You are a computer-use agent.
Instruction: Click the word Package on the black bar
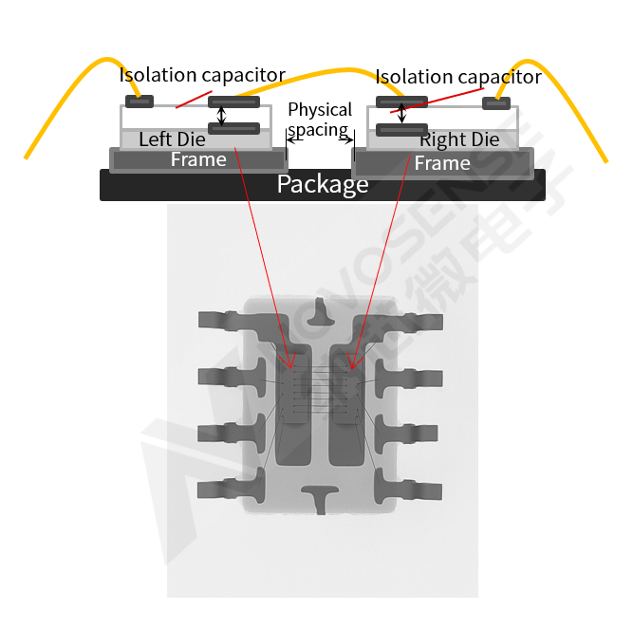322,184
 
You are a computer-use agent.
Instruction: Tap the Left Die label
172,139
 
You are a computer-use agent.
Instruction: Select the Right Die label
459,139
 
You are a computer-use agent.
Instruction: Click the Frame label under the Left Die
198,159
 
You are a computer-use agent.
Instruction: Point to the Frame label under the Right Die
442,163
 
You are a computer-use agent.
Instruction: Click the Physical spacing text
320,120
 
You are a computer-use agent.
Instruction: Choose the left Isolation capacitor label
202,75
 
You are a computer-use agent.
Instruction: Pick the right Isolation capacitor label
458,78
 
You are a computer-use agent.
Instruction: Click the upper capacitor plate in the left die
233,102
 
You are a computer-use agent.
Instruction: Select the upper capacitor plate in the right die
401,102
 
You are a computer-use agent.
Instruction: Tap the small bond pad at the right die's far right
496,102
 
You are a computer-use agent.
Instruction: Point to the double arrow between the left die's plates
222,115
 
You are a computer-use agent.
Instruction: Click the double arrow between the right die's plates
401,115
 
